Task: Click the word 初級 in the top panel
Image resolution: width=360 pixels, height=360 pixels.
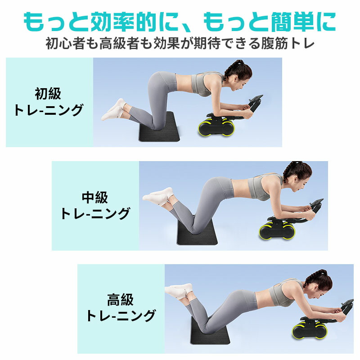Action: tap(48, 94)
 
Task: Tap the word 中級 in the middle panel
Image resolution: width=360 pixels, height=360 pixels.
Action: tap(95, 198)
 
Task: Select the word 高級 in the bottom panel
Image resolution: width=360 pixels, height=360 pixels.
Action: tap(120, 300)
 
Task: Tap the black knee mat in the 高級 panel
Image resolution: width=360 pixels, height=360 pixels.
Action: tap(210, 331)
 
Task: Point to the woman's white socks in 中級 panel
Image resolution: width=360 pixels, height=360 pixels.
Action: tap(158, 196)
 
